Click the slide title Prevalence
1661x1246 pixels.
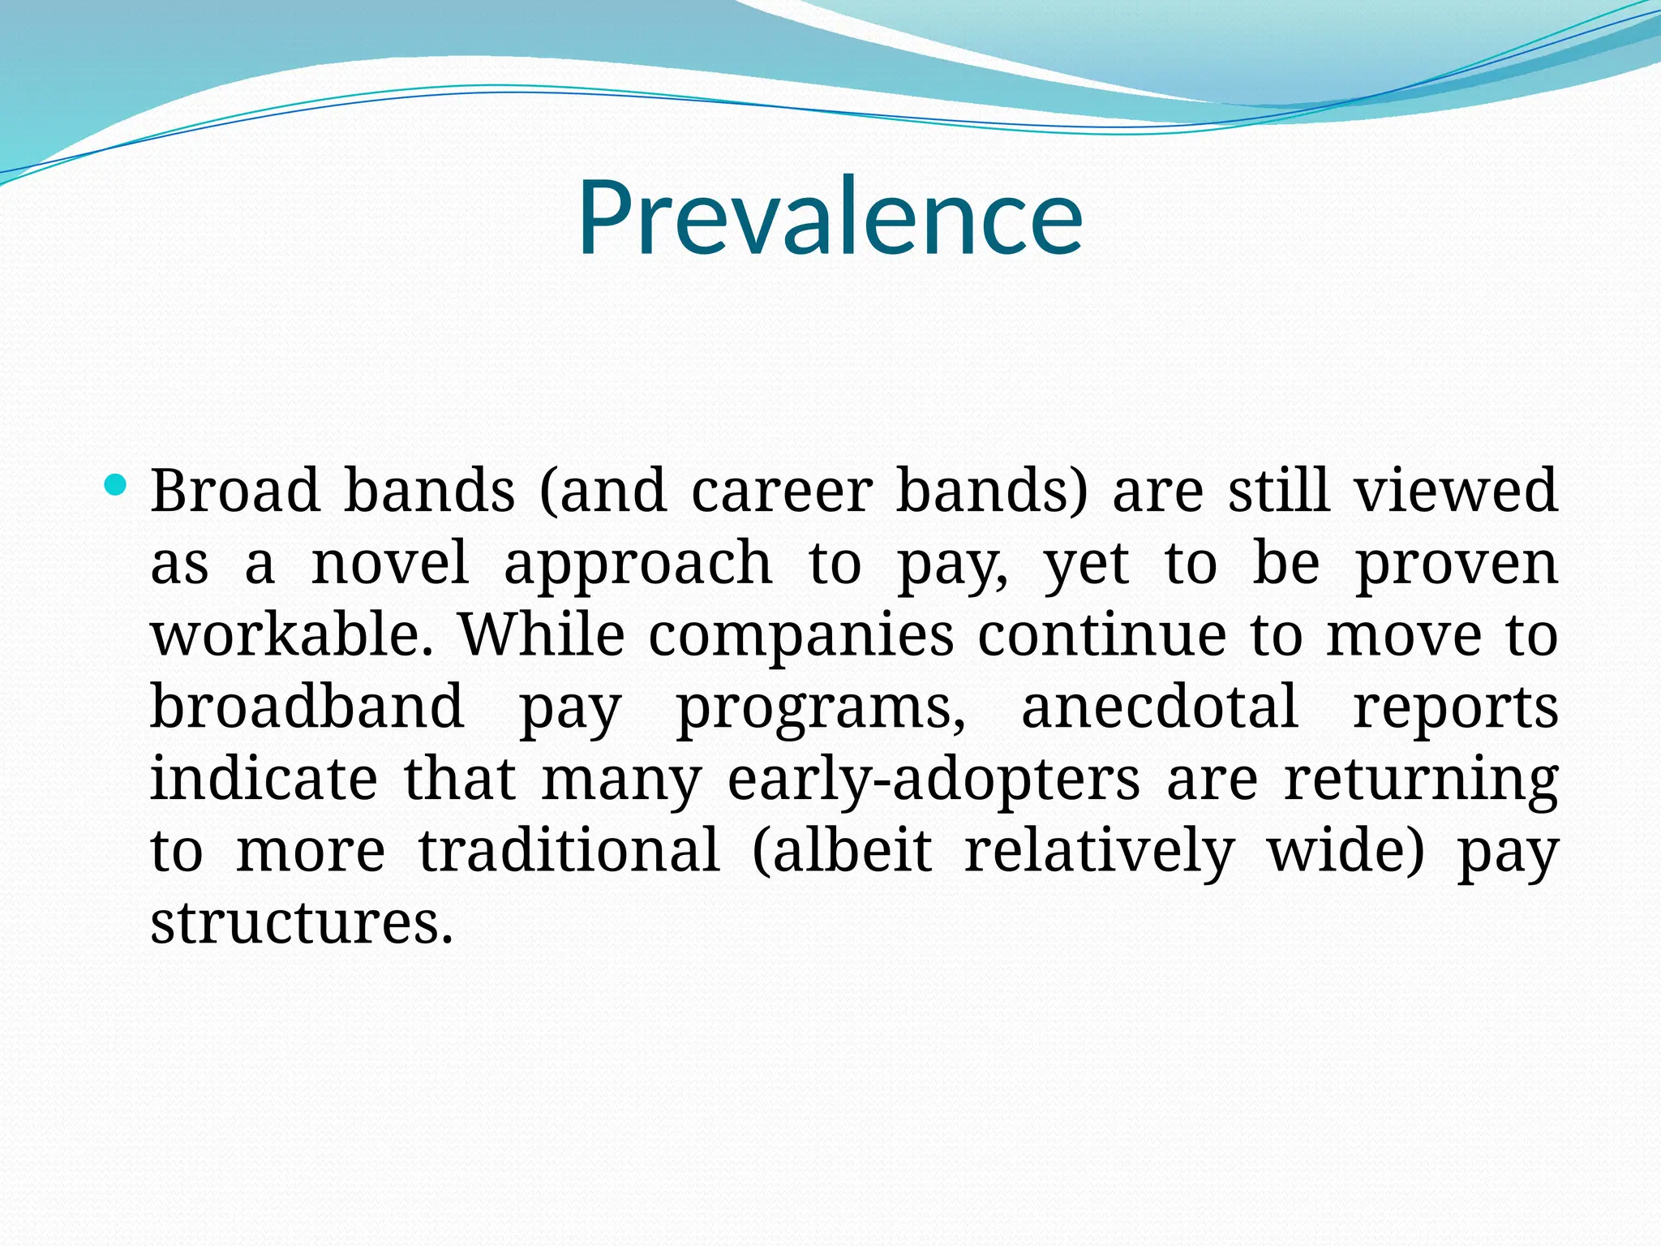tap(830, 217)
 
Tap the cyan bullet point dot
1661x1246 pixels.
tap(117, 485)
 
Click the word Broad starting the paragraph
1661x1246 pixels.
tap(235, 491)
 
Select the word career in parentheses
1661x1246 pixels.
tap(781, 491)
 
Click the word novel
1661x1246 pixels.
tap(389, 562)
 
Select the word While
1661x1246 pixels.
tap(542, 634)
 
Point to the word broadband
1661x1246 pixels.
tap(307, 706)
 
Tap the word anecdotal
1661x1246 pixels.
tap(1160, 706)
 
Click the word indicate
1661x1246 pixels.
tap(264, 778)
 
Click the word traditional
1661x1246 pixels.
tap(569, 849)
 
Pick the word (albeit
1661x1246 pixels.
tap(843, 849)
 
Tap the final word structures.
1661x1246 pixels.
tap(301, 922)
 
